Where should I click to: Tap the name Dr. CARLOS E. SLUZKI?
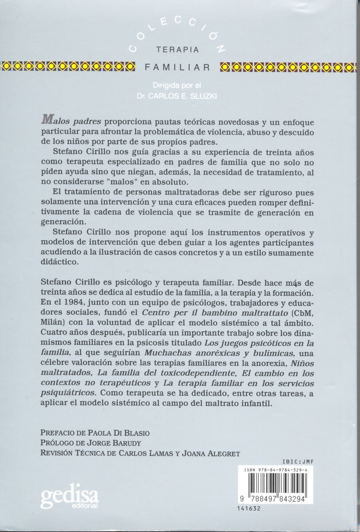coord(177,95)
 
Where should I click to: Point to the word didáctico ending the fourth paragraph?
coord(58,262)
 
